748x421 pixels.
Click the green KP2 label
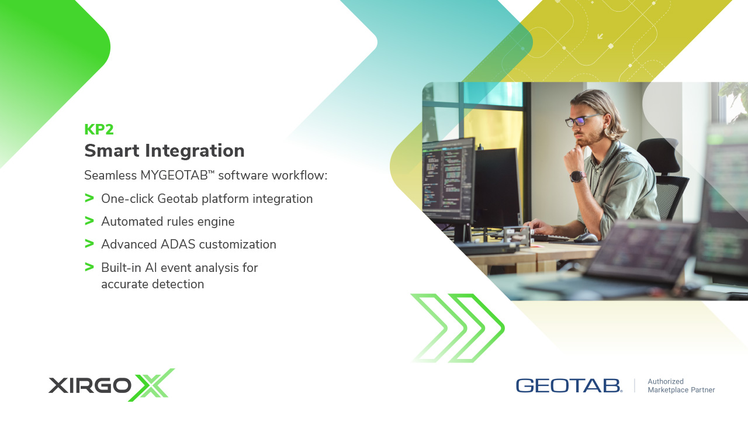pyautogui.click(x=99, y=129)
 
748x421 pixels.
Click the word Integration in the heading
pyautogui.click(x=195, y=150)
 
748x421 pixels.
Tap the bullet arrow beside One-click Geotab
pyautogui.click(x=89, y=198)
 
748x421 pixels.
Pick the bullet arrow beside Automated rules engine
pyautogui.click(x=89, y=221)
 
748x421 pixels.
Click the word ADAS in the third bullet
pyautogui.click(x=178, y=244)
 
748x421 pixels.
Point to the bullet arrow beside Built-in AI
pyautogui.click(x=89, y=267)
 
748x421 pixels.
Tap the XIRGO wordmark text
pyautogui.click(x=90, y=385)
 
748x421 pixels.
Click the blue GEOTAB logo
pyautogui.click(x=569, y=385)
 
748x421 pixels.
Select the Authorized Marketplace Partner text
pyautogui.click(x=681, y=385)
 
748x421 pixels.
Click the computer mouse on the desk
pyautogui.click(x=586, y=237)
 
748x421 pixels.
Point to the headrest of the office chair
pyautogui.click(x=659, y=155)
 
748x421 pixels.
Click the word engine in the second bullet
pyautogui.click(x=216, y=222)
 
